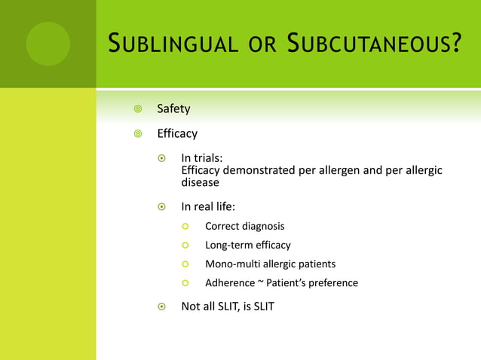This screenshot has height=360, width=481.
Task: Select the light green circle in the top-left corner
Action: coord(47,44)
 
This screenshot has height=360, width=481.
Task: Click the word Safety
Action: coord(173,109)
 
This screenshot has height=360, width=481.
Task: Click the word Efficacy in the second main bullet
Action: coord(177,134)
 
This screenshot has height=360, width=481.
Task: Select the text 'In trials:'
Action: coord(201,158)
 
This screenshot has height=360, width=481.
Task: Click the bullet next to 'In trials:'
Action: coord(161,159)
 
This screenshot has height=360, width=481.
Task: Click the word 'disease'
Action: coord(201,182)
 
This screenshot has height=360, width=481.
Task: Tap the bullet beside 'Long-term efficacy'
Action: coord(185,246)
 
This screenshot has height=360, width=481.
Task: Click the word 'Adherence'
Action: coord(229,283)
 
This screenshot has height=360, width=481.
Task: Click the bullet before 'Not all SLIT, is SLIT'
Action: coord(161,307)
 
